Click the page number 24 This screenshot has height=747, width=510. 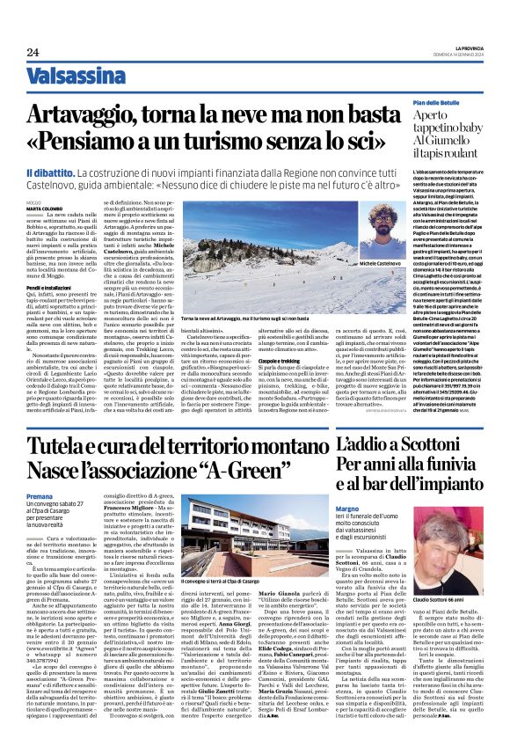pyautogui.click(x=33, y=52)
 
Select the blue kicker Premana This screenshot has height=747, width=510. pyautogui.click(x=40, y=497)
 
